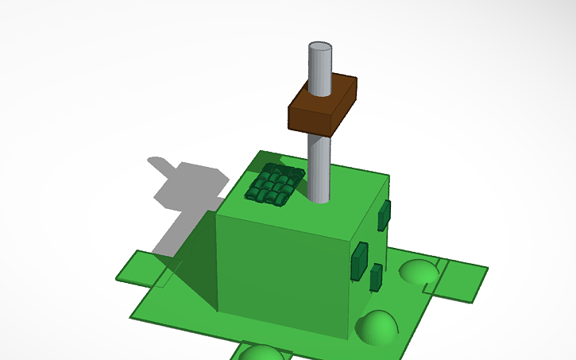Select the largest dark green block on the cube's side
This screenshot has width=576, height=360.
[x=359, y=261]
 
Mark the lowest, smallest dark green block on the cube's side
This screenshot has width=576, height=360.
[x=375, y=277]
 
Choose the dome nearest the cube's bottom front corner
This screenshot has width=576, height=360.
[x=376, y=327]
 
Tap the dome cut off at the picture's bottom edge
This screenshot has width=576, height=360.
[x=261, y=353]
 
